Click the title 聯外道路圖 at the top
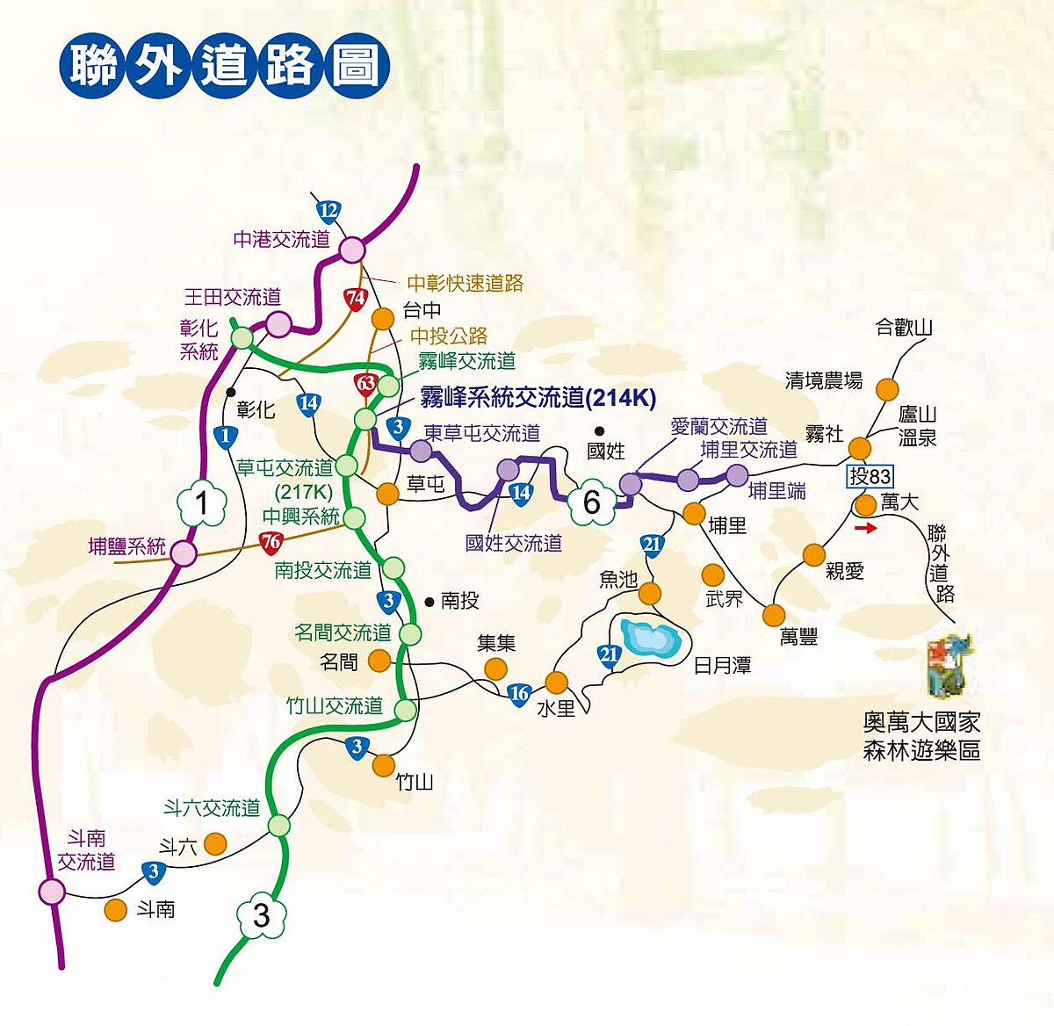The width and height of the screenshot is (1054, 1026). coord(226,65)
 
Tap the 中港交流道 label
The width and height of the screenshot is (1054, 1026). coord(281,239)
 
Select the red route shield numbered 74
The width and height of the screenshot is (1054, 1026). coord(355,299)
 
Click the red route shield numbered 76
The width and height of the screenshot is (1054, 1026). coord(271,542)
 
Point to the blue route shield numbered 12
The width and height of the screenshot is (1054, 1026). coord(328,211)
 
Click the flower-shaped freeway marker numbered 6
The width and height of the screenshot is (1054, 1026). coord(591,502)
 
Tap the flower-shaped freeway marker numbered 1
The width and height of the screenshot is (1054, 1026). coord(203,503)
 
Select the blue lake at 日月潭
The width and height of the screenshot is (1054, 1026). coord(649,636)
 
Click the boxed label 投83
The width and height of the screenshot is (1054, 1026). coord(870,477)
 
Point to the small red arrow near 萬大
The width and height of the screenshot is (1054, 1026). coord(865,529)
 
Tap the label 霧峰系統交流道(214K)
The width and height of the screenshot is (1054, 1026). coord(538,398)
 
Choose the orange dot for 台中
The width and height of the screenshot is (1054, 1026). coord(383,317)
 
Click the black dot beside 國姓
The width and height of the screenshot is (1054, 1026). coord(599,430)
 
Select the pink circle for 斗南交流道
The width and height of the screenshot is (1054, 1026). coord(52,892)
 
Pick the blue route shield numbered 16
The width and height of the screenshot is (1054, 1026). coord(518,694)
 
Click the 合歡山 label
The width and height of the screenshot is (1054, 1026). coord(904,329)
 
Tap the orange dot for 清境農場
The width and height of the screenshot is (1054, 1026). coord(889,389)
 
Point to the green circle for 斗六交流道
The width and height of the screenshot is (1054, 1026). coord(279,825)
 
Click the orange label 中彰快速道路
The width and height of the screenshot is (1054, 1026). coord(465,284)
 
